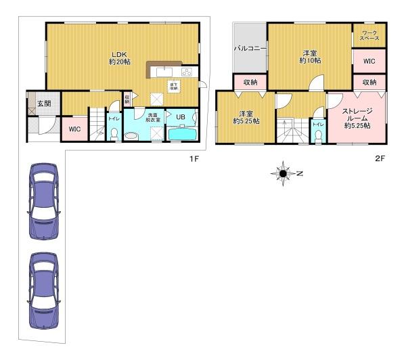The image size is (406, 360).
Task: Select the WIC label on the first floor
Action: [x=74, y=129]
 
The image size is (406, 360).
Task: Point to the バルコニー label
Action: [x=249, y=49]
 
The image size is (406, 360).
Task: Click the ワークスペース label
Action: [x=369, y=36]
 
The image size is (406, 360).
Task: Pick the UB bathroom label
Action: [x=181, y=117]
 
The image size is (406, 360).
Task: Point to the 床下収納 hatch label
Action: [x=173, y=86]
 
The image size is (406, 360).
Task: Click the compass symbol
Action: [x=283, y=173]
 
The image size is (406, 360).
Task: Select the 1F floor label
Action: [x=194, y=159]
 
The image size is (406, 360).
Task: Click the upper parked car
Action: [x=41, y=201]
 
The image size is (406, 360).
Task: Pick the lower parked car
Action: [x=41, y=290]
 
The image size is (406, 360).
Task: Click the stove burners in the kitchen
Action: [x=186, y=72]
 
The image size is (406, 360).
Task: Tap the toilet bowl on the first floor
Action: [x=114, y=135]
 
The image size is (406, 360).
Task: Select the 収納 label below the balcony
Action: [x=250, y=83]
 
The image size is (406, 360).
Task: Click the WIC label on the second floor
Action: [x=369, y=62]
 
